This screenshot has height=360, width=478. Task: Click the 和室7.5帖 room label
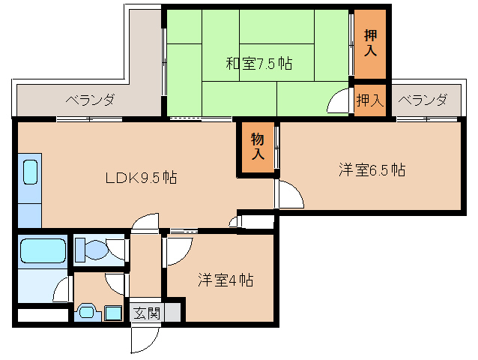coord(259,64)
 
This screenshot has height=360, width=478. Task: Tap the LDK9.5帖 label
coord(140,178)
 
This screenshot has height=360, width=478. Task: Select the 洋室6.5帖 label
coord(372,170)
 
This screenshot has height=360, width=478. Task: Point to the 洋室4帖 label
coord(225,280)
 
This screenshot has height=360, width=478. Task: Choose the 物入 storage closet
coord(257,146)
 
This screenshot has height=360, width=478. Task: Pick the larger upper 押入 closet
coord(370,43)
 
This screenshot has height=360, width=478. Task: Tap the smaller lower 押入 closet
coord(369,99)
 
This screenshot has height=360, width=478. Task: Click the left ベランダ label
coord(89,100)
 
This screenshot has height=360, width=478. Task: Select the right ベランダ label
coord(423,100)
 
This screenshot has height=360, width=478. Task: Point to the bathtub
coord(42,250)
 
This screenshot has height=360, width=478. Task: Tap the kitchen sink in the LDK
coord(30,172)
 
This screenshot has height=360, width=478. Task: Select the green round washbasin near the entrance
coord(88,313)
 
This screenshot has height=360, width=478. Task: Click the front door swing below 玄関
coord(142,338)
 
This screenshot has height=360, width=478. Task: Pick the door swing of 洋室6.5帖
coord(289,194)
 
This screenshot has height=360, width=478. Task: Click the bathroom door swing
coord(61,288)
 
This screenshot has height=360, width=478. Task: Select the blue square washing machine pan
coord(113,313)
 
